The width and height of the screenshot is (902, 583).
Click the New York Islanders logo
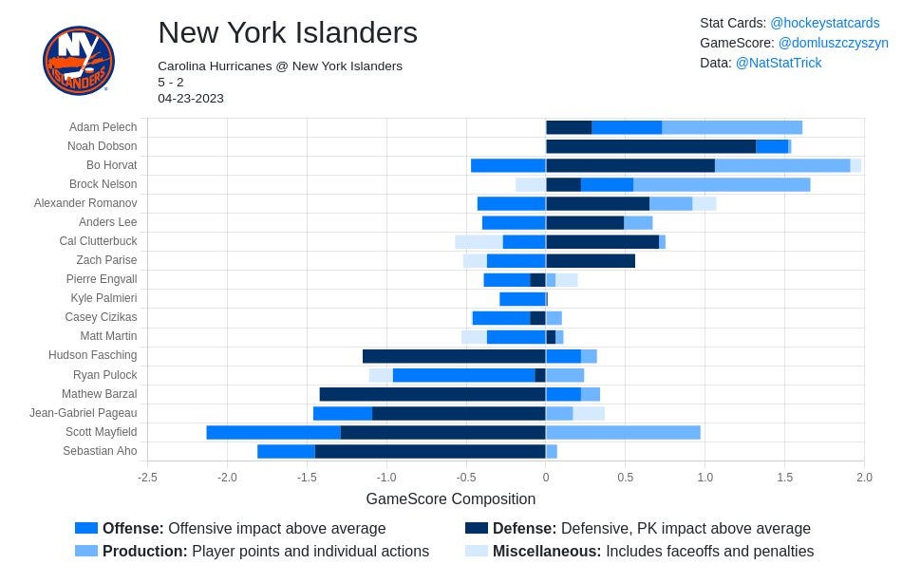click(x=79, y=60)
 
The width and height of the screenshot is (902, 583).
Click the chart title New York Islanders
click(x=288, y=32)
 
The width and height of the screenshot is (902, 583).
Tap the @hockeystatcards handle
click(x=825, y=23)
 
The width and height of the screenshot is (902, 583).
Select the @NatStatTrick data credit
click(x=779, y=63)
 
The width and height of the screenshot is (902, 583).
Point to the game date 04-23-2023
click(x=191, y=99)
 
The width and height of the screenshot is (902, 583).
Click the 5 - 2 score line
click(x=171, y=83)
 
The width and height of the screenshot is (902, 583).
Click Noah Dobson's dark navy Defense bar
click(x=650, y=146)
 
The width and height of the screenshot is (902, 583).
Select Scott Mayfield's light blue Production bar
click(x=623, y=432)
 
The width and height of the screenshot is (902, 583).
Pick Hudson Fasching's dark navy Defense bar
click(x=455, y=356)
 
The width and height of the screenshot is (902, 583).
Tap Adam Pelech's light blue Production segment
click(x=732, y=127)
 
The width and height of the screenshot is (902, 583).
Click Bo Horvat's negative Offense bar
click(x=509, y=166)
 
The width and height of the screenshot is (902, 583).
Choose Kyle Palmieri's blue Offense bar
click(x=523, y=299)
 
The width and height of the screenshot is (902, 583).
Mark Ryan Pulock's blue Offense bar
click(x=464, y=375)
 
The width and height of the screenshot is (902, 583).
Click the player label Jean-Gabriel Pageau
click(x=84, y=413)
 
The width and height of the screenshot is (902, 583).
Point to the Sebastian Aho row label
click(x=100, y=451)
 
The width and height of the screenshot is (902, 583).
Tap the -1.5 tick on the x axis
click(x=307, y=477)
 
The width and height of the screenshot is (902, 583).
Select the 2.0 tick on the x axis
click(x=864, y=477)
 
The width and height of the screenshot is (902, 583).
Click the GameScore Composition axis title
click(x=450, y=499)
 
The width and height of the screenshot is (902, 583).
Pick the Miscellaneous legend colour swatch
click(x=477, y=551)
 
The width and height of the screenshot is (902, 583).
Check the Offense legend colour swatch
click(x=86, y=528)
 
